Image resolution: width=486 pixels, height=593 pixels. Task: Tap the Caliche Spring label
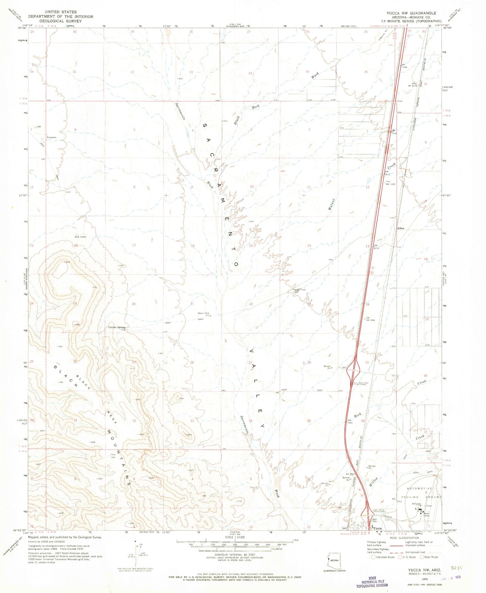[x=117, y=327]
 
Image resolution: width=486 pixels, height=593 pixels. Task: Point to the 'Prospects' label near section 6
[x=52, y=137]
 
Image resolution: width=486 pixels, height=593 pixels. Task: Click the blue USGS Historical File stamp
[x=372, y=581]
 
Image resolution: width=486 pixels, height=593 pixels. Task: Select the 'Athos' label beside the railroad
[x=401, y=228]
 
